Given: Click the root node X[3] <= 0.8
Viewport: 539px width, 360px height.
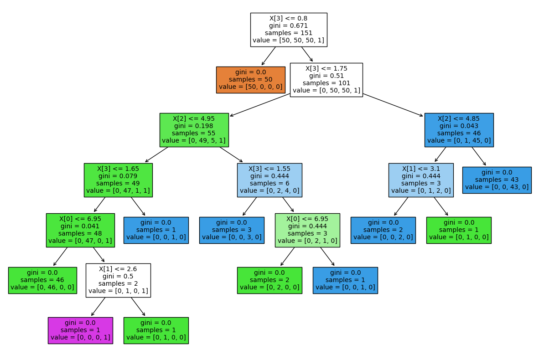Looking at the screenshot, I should [288, 30].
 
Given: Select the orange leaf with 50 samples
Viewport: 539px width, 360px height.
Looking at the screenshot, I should [250, 80].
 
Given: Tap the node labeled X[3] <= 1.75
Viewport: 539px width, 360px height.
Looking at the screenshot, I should [326, 80].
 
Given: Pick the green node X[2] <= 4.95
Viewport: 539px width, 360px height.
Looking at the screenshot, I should [194, 130].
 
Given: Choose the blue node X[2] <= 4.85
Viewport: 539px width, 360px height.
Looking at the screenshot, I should [459, 130].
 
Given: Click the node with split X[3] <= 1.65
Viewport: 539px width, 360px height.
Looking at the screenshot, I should [118, 180].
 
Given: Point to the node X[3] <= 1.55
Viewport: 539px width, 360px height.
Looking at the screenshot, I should [269, 180].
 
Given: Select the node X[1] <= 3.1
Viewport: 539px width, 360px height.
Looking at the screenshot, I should [421, 180].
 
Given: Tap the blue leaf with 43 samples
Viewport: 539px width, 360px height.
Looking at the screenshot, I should [497, 180].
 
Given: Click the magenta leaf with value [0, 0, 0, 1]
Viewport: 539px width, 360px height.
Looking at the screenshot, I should [80, 330].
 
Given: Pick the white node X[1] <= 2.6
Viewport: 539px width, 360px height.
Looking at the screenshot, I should [118, 280].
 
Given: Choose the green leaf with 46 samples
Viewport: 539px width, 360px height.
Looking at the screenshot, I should [42, 280].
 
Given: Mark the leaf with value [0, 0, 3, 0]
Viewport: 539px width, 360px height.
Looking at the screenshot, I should [232, 230].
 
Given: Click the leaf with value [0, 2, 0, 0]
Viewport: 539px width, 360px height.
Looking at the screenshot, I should [269, 280].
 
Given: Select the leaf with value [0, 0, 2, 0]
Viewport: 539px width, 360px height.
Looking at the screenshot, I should [383, 230].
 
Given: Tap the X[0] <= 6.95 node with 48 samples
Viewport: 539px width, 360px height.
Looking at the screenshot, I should [80, 230].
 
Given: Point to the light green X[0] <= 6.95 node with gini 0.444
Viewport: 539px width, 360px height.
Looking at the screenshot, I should [307, 230].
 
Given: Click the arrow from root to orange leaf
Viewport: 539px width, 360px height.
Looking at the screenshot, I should [269, 56].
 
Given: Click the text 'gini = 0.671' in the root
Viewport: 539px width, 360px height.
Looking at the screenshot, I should [288, 26].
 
